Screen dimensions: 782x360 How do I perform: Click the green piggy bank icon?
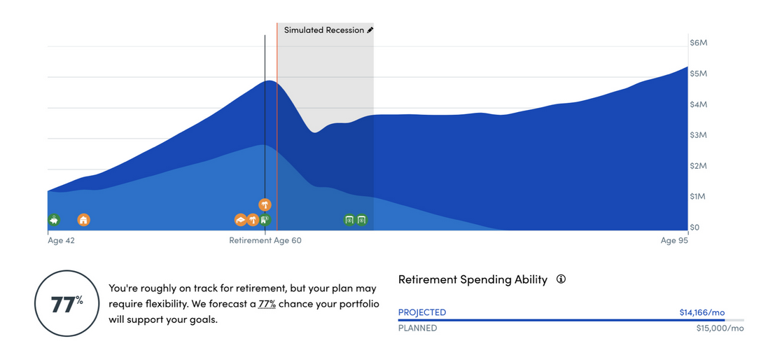54,219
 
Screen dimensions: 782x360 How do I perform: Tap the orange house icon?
84,219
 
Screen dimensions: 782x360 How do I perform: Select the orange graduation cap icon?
241,220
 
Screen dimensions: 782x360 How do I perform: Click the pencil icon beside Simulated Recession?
370,30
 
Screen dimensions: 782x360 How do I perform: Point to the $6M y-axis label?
698,43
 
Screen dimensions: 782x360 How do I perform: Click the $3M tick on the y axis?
698,135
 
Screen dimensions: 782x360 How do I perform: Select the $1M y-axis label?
698,196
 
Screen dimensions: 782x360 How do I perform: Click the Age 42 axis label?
62,240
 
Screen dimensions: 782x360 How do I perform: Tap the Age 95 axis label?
674,240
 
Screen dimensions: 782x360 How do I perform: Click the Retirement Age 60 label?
265,240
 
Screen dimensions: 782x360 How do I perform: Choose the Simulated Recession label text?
324,30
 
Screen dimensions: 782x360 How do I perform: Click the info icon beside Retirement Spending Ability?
561,279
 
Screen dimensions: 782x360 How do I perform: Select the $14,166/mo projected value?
702,312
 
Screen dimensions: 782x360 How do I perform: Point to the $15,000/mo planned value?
720,328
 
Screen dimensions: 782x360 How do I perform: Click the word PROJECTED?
422,312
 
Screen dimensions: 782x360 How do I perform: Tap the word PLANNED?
417,328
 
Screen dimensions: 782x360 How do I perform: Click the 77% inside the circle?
67,304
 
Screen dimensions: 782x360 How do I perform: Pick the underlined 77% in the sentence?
267,304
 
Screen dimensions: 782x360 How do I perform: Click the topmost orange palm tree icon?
265,205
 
